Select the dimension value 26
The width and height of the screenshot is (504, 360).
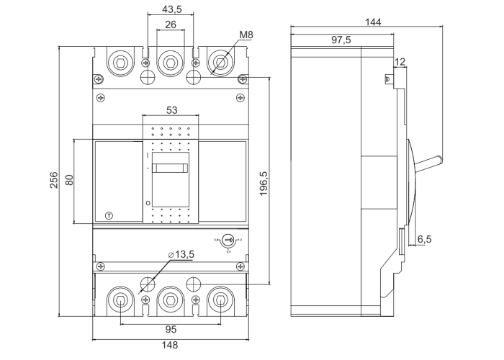click(170, 24)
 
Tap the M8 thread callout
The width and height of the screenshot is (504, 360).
click(246, 35)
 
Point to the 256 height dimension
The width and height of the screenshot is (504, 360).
click(54, 180)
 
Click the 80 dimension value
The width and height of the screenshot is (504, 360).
click(70, 180)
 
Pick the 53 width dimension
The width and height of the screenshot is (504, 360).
click(171, 110)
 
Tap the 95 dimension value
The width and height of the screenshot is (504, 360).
click(171, 329)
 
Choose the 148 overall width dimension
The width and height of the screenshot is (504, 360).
click(171, 346)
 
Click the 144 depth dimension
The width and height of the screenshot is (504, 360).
click(373, 22)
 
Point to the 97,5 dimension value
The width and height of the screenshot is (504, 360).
click(341, 40)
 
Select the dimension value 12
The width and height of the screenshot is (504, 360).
click(400, 61)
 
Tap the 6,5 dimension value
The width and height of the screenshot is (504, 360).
click(424, 239)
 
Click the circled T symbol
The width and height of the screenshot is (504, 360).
click(109, 215)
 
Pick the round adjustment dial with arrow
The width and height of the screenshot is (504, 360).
click(228, 240)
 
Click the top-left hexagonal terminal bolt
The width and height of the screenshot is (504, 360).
click(120, 63)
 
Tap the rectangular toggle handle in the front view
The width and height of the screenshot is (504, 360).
click(171, 168)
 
